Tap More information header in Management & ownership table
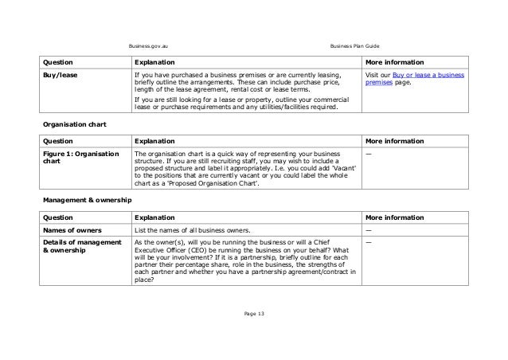(394, 216)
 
